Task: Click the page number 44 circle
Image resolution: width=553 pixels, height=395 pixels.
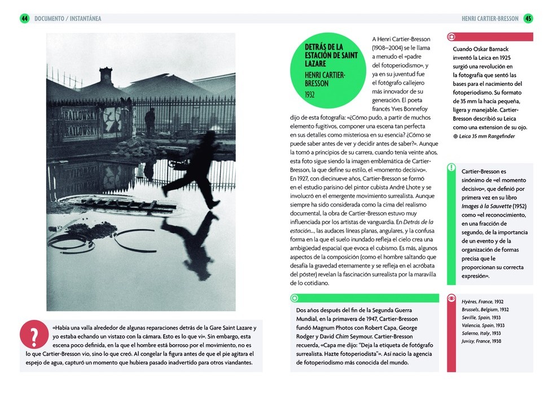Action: click(25, 19)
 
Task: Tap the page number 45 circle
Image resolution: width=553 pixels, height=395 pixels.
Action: click(528, 19)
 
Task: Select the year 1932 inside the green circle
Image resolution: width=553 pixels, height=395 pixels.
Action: click(310, 94)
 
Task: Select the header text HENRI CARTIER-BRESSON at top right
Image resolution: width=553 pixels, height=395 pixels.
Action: click(490, 19)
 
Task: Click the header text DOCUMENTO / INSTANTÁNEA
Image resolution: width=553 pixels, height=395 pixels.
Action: click(68, 19)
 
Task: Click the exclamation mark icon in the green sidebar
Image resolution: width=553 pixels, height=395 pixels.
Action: click(451, 168)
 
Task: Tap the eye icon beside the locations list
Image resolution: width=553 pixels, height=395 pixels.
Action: click(451, 299)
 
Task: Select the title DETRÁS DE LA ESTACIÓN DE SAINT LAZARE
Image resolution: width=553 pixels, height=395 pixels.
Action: click(331, 55)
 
